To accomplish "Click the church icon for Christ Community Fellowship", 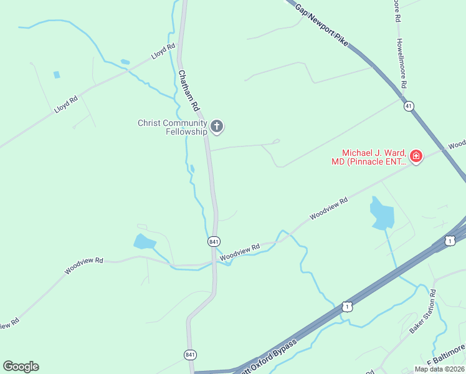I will (x=217, y=127).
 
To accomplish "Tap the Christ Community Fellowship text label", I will (x=172, y=127).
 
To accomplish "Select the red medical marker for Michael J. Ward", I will (x=416, y=156).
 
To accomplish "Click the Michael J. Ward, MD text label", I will (x=369, y=157).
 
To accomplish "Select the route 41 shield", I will (x=409, y=107).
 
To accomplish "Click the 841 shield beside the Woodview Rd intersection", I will (x=213, y=241).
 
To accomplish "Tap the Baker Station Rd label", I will (x=421, y=312).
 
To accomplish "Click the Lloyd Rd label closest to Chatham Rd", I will (x=163, y=52).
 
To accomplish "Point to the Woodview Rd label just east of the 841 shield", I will (x=239, y=251).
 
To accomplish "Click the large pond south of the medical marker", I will (x=381, y=214).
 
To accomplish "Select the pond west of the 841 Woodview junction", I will (x=144, y=242).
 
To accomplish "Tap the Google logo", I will (x=21, y=367).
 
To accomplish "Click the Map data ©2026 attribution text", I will (x=439, y=369).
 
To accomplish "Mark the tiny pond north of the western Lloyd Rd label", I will (x=57, y=75).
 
